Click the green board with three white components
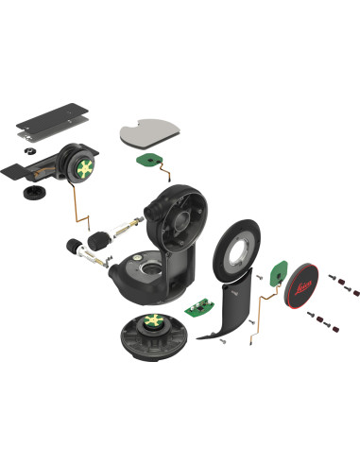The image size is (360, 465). click(197, 306)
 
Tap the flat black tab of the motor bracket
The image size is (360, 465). click(18, 172)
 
